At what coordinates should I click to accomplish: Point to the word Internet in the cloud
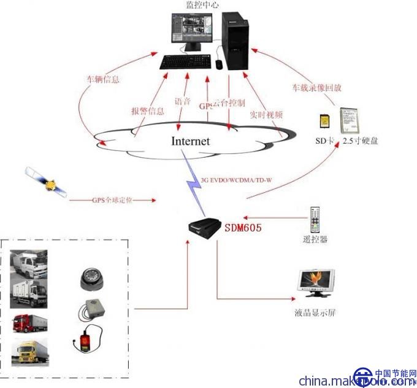tap(190, 141)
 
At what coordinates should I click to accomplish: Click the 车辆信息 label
tap(102, 79)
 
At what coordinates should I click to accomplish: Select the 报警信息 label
tap(147, 111)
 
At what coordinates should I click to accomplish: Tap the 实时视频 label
tap(266, 114)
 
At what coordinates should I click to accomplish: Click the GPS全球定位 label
tap(112, 201)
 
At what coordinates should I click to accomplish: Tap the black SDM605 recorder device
tap(207, 228)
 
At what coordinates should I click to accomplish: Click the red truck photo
tap(29, 323)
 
